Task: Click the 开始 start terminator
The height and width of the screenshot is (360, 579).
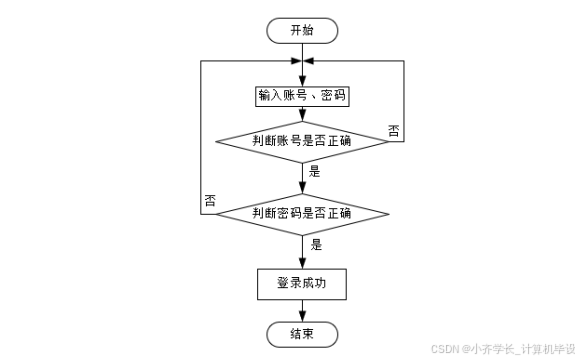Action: click(x=302, y=30)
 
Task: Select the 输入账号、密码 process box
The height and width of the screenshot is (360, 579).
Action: click(x=302, y=96)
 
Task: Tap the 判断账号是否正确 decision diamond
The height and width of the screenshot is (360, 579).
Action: click(x=302, y=141)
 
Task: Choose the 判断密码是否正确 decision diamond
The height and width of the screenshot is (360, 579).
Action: click(x=302, y=213)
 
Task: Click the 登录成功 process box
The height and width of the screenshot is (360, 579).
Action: click(x=302, y=284)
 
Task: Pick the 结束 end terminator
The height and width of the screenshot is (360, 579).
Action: click(x=302, y=333)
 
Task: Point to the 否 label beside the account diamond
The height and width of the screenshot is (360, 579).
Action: click(x=392, y=131)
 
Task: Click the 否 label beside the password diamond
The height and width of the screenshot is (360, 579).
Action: click(x=210, y=200)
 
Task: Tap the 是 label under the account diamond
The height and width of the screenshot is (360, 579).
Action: click(x=314, y=171)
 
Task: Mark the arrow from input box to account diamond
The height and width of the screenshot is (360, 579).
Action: click(x=302, y=114)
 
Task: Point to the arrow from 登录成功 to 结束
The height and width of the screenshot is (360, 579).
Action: click(x=302, y=310)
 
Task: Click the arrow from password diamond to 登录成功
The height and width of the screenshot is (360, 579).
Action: click(x=302, y=250)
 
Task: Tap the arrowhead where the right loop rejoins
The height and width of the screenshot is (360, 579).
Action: click(x=309, y=61)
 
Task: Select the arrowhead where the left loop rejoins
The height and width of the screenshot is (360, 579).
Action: click(x=295, y=61)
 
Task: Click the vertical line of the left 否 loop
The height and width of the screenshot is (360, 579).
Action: click(x=201, y=140)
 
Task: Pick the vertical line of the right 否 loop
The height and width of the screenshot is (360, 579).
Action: click(x=403, y=100)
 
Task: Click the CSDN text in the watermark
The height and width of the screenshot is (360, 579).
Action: click(x=444, y=349)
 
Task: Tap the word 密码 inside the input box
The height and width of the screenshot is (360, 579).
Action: click(x=333, y=96)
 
